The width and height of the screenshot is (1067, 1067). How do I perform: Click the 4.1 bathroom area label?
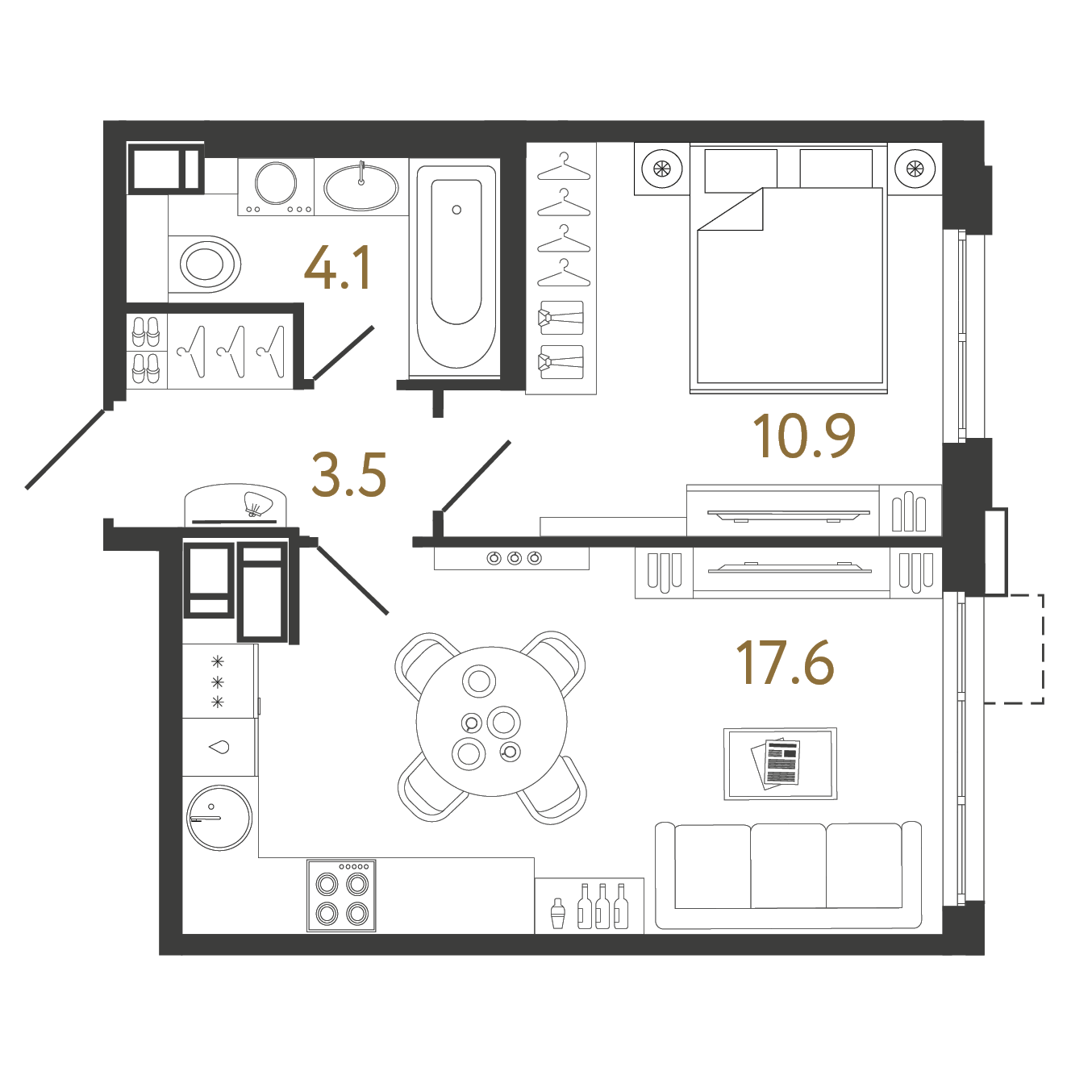click(x=338, y=268)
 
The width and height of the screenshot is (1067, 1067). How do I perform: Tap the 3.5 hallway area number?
click(x=349, y=474)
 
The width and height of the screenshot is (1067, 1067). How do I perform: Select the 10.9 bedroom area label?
click(x=803, y=436)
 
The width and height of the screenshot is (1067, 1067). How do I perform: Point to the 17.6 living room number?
click(x=785, y=663)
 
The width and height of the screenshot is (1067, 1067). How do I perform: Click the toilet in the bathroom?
click(x=205, y=264)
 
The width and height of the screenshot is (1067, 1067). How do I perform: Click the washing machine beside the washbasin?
click(x=276, y=185)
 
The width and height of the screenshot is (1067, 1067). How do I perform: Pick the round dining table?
click(x=491, y=722)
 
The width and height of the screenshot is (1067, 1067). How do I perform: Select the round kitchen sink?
click(x=219, y=817)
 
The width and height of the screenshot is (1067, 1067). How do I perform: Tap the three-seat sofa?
click(x=788, y=876)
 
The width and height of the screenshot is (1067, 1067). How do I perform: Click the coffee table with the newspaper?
click(x=780, y=763)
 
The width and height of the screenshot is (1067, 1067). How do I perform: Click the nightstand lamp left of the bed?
click(x=661, y=169)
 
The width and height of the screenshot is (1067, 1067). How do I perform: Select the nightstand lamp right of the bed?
click(x=915, y=169)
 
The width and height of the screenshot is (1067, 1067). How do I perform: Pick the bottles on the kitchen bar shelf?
click(x=602, y=907)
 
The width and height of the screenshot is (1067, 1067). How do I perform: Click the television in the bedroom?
click(x=788, y=513)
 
